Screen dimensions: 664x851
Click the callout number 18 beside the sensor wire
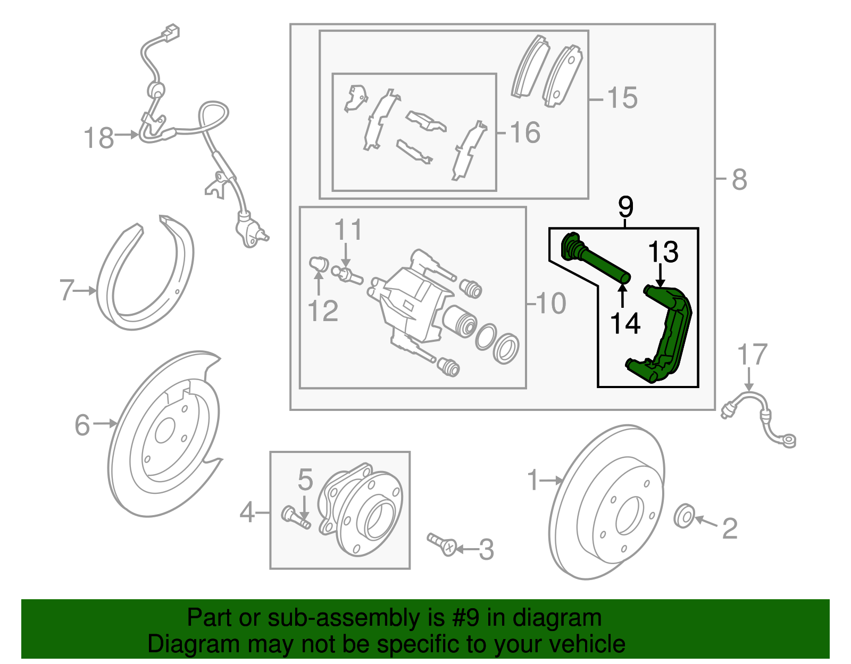click(99, 138)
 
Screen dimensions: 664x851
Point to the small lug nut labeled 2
click(683, 516)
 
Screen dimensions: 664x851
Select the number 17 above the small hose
click(752, 355)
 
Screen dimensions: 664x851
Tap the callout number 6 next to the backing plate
click(82, 425)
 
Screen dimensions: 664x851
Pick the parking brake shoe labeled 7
click(144, 276)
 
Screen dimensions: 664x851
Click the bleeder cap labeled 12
click(317, 263)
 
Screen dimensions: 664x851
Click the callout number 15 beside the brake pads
click(622, 98)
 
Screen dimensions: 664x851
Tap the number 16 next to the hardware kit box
click(525, 132)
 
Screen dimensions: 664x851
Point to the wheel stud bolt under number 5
click(296, 517)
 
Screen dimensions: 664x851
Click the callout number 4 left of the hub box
click(247, 513)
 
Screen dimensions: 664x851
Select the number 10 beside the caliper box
click(551, 304)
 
